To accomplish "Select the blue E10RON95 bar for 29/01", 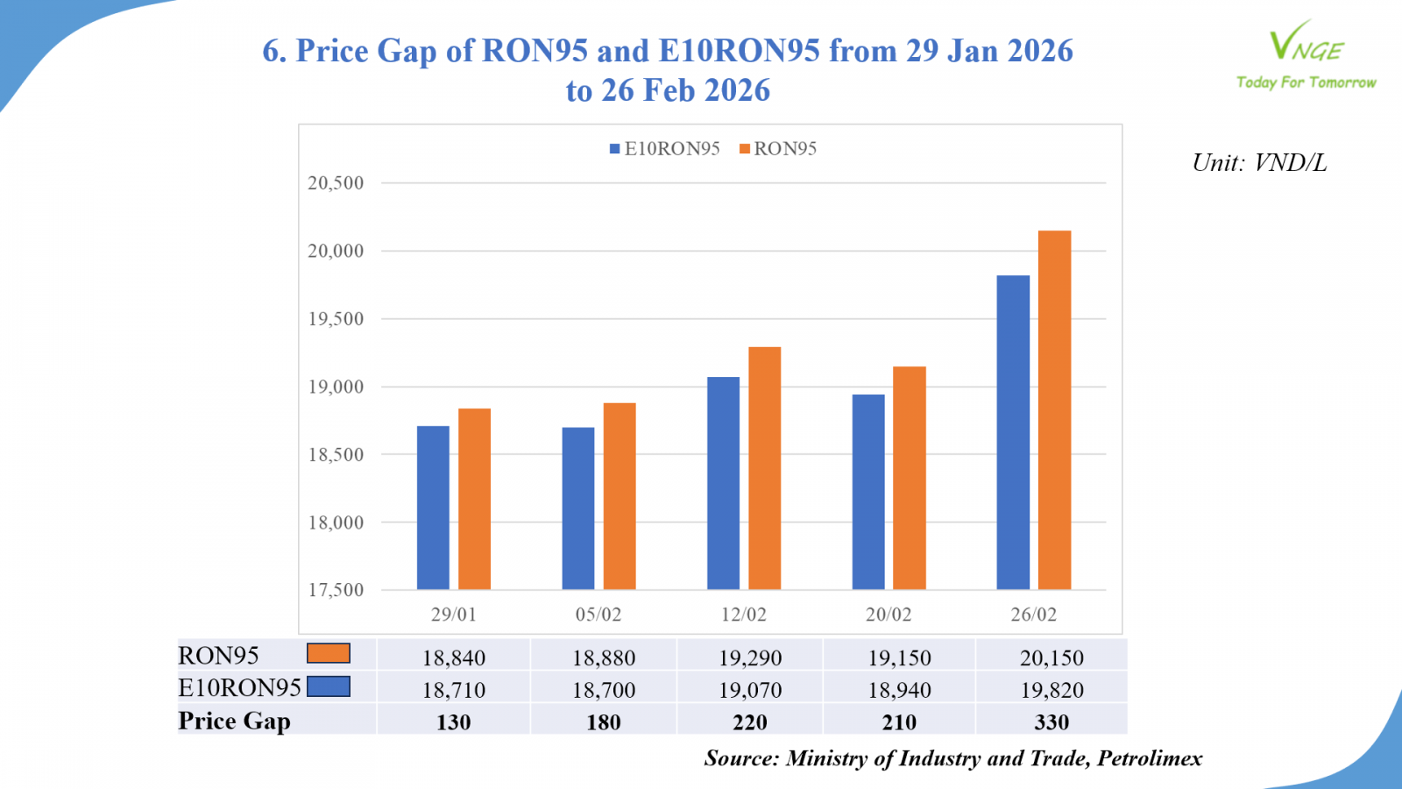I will tap(433, 508).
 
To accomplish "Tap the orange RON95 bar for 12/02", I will tap(764, 468).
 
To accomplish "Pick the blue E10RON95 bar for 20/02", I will tap(868, 492).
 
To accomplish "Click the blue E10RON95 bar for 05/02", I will tap(578, 508).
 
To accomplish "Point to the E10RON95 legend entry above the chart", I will tap(665, 149).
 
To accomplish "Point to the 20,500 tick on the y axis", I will tap(336, 183).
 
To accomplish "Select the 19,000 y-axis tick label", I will tap(336, 387).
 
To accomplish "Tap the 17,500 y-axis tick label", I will tap(336, 590).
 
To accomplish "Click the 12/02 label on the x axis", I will tap(744, 615).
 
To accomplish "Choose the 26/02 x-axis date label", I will tap(1034, 615).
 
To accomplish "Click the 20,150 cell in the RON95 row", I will tap(1051, 657).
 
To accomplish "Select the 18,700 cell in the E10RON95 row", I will tap(604, 690).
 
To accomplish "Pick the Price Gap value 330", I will tap(1051, 722).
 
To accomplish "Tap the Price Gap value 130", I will tap(454, 722).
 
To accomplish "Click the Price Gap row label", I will tap(234, 721).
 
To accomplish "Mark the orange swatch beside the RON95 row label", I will tap(329, 654).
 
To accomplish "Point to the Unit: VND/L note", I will tap(1259, 163).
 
